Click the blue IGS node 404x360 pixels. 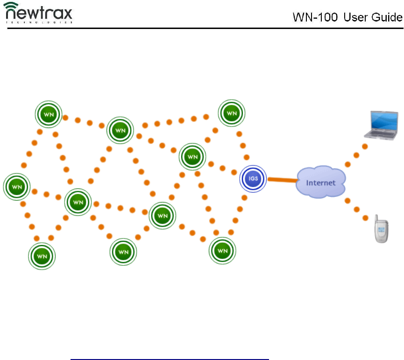click(253, 179)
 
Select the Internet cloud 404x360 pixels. click(320, 182)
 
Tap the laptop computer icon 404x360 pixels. click(381, 126)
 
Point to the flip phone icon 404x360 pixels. click(381, 229)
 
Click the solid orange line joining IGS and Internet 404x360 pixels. click(283, 180)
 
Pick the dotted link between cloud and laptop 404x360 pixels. click(356, 155)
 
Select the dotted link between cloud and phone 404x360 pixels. click(356, 209)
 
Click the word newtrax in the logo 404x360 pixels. click(39, 13)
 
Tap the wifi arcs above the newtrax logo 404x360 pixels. click(11, 5)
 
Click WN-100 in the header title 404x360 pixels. click(315, 17)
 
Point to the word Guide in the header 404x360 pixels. click(387, 17)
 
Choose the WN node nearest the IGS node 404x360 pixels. click(192, 157)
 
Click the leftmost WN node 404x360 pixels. click(17, 187)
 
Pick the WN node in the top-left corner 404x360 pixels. click(49, 114)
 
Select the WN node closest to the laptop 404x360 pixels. click(232, 113)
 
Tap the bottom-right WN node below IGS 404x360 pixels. click(222, 251)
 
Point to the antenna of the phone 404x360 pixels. click(376, 218)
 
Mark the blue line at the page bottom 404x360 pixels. click(170, 359)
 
